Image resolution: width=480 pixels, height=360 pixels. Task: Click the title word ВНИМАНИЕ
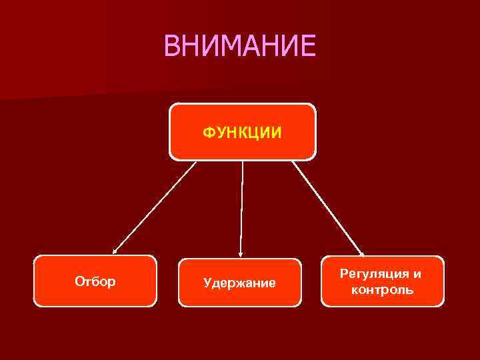[x=239, y=46]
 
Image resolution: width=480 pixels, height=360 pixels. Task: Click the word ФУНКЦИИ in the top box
[x=242, y=133]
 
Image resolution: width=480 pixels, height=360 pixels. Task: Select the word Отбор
[x=95, y=281]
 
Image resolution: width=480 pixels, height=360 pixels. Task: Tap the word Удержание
[x=239, y=283]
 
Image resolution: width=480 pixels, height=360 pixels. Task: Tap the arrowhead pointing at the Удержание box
[x=241, y=255]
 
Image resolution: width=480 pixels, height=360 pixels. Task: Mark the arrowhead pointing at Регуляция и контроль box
[x=362, y=253]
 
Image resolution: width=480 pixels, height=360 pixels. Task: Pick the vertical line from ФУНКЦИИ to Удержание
[x=242, y=207]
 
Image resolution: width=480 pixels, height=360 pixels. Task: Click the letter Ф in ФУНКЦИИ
[x=209, y=133]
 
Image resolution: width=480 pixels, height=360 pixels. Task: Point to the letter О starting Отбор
[x=79, y=281]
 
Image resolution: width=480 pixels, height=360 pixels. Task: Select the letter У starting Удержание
[x=207, y=283]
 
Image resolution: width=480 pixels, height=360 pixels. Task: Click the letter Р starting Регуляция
[x=344, y=274]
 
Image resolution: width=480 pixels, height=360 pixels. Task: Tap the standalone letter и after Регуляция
[x=417, y=274]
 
